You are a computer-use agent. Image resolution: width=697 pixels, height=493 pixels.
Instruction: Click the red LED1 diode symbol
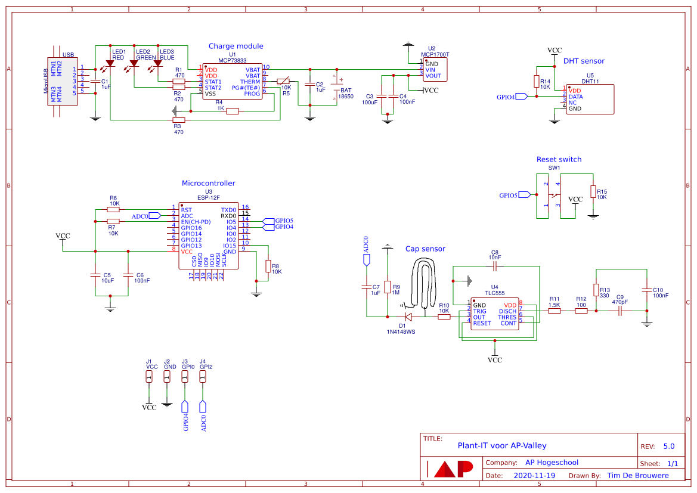click(x=110, y=63)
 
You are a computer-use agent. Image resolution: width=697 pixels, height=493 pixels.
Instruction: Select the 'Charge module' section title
click(x=236, y=46)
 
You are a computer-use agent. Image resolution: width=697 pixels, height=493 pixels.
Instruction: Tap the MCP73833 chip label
click(x=232, y=60)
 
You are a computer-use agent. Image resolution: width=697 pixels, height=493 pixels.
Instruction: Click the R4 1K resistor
click(x=233, y=111)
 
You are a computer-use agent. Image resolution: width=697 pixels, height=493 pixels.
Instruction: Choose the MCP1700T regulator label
click(x=435, y=54)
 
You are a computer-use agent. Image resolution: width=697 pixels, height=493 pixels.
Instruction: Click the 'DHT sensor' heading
click(x=584, y=61)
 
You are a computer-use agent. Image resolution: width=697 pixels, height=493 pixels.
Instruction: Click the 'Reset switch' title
click(x=559, y=159)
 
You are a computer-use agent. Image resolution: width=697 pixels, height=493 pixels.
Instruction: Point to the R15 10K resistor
click(x=593, y=191)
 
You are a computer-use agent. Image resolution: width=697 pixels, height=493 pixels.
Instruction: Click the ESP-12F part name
click(x=208, y=197)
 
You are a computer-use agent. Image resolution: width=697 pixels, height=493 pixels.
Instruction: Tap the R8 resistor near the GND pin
click(x=268, y=266)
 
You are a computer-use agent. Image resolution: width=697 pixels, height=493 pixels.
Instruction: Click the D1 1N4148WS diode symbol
click(x=408, y=317)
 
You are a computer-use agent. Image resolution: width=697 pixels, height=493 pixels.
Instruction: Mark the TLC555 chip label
click(x=494, y=293)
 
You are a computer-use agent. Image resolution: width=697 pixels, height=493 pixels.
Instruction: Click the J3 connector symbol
click(x=185, y=377)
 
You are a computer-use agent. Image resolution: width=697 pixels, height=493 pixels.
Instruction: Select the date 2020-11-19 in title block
click(x=534, y=476)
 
